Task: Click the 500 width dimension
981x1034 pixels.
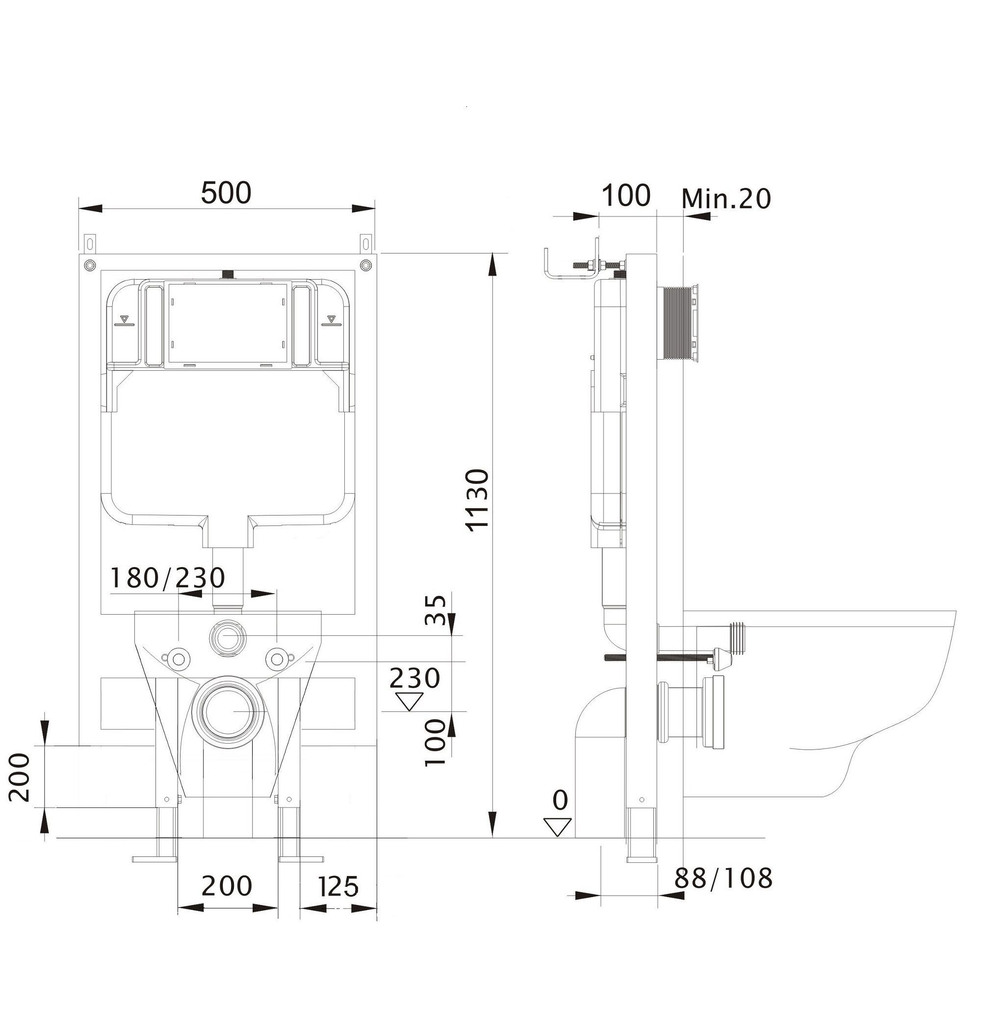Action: tap(226, 192)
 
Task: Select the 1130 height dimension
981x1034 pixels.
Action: tap(478, 500)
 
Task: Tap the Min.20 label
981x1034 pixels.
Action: tap(726, 198)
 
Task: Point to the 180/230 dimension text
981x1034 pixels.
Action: tap(168, 578)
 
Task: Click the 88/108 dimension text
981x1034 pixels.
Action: tap(723, 878)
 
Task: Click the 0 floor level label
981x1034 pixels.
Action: tap(560, 800)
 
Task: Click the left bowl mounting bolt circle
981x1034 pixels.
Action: tap(179, 658)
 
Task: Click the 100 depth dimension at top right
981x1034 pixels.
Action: tap(626, 195)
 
